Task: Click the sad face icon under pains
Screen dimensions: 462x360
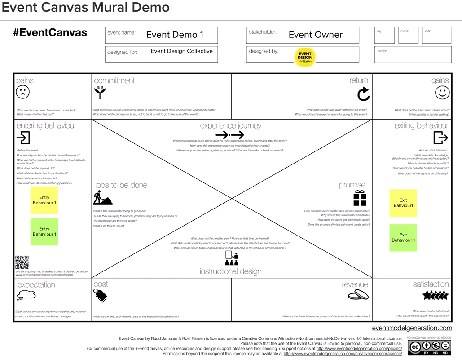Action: [22, 92]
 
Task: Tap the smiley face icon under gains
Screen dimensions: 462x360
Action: [442, 93]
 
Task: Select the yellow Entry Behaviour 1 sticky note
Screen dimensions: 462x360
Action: [44, 200]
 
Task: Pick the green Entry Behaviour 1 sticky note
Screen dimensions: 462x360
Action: [44, 232]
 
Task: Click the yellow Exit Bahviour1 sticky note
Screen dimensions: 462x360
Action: [403, 203]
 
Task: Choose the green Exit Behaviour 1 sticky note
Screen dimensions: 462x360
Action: [403, 238]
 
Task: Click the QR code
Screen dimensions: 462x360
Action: [22, 262]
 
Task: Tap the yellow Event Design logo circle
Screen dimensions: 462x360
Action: [305, 57]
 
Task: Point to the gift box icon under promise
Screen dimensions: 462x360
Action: [359, 198]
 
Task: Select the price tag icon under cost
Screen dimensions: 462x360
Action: [100, 295]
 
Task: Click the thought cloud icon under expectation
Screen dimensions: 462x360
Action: [26, 295]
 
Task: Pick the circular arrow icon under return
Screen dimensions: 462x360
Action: [363, 93]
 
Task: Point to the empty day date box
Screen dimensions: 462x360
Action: [384, 36]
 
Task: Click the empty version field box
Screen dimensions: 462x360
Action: [413, 55]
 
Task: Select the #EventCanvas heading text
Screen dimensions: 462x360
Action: [50, 33]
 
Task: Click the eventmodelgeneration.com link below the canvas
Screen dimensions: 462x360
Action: [412, 328]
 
